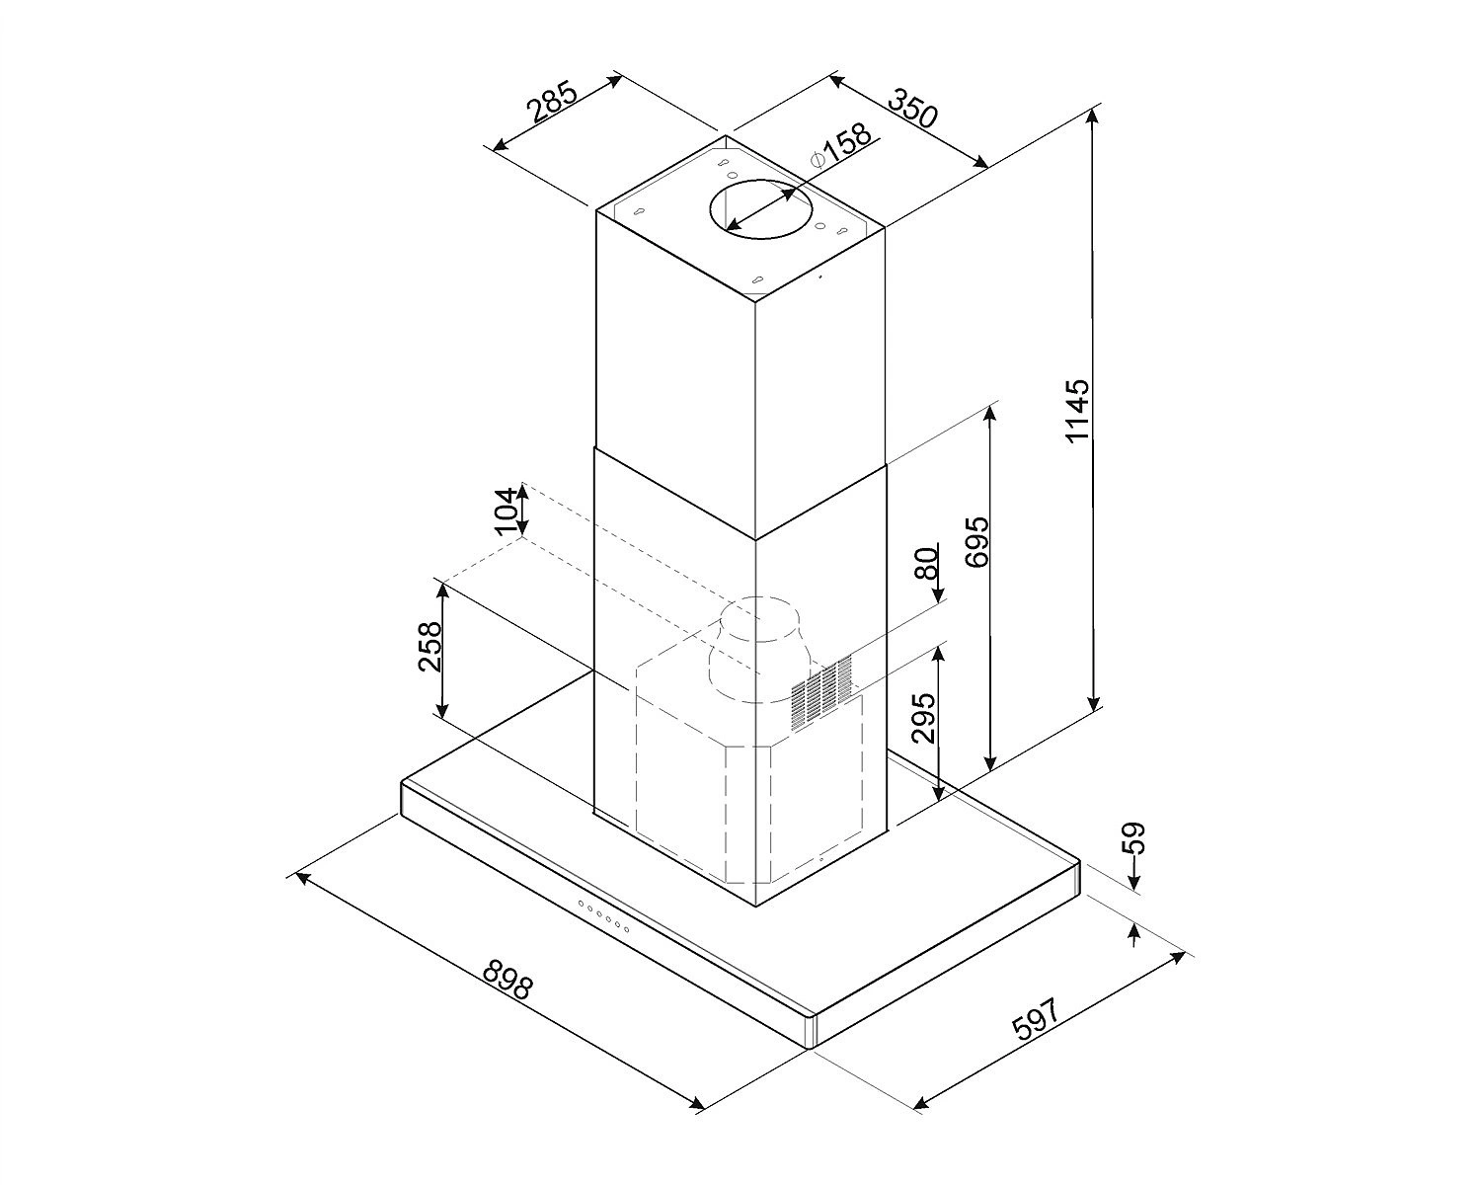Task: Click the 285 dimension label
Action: point(551,102)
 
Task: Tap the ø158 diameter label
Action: point(841,146)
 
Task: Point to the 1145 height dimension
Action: point(1076,410)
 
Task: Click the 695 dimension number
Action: point(976,541)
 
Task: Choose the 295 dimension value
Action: point(923,718)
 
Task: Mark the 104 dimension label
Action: point(506,511)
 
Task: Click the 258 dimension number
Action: point(429,647)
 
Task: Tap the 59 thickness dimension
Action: point(1136,837)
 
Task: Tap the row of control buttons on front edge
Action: point(603,916)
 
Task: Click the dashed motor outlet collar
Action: point(756,650)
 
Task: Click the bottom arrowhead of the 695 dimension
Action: point(990,762)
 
